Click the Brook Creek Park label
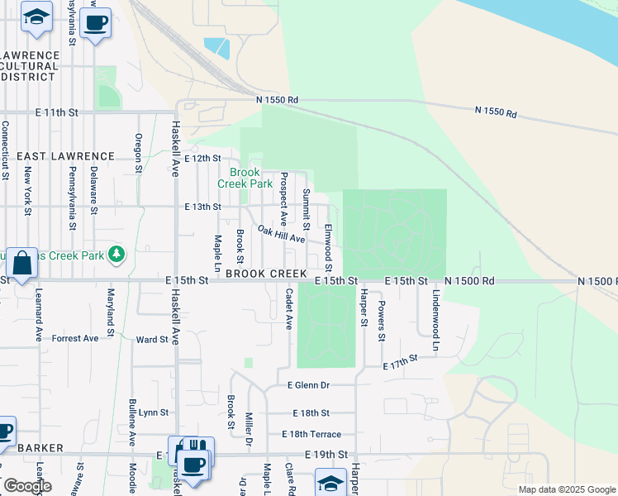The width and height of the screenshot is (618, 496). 245,178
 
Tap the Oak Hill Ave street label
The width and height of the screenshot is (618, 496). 281,234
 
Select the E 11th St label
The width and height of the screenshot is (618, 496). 56,112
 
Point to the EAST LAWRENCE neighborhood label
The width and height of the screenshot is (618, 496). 65,155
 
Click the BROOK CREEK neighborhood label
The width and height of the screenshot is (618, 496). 266,273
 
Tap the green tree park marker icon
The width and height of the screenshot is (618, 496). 117,254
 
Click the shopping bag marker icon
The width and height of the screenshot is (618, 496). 24,264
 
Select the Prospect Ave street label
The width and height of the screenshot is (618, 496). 283,198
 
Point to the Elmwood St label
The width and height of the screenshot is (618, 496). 328,247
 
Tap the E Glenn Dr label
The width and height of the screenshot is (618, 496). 308,385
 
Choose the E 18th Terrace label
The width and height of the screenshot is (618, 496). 311,434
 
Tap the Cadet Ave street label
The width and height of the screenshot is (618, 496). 289,308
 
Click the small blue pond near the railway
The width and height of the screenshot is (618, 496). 216,47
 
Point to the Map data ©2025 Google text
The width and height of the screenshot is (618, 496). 566,489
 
